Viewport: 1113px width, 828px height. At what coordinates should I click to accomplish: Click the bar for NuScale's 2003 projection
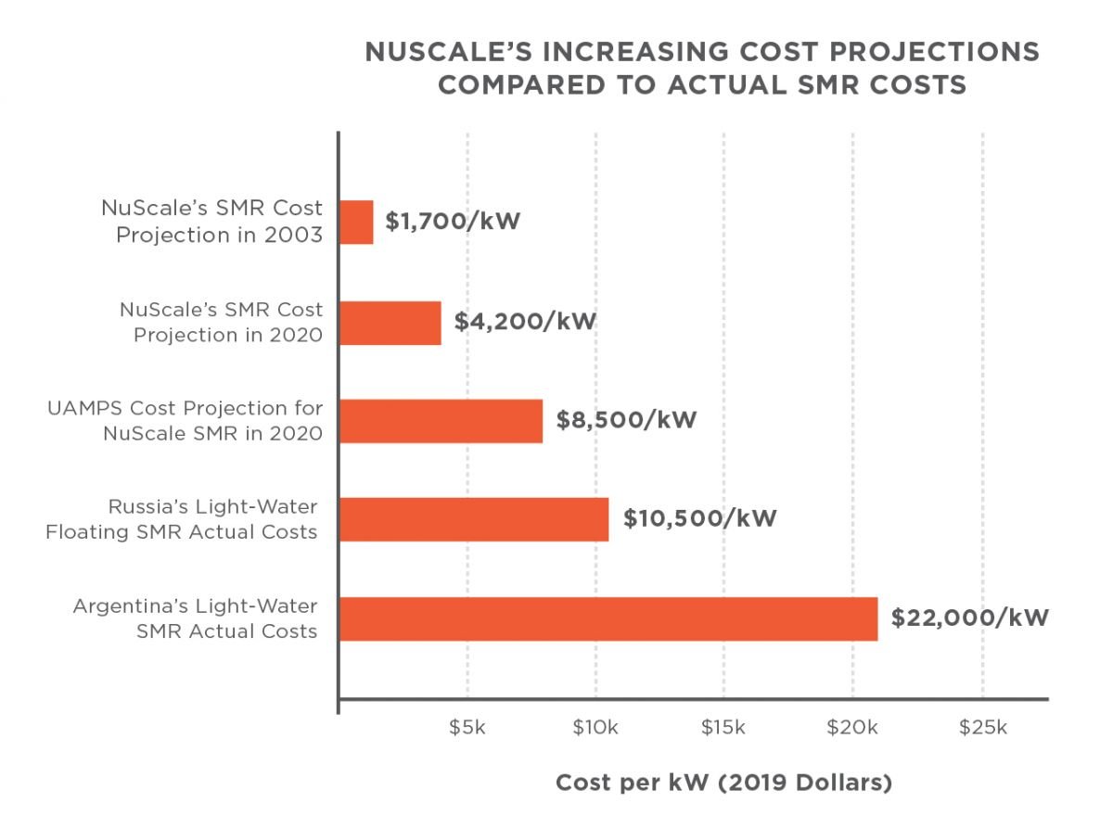(x=356, y=223)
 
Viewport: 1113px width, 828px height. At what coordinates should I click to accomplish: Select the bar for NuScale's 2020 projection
(x=390, y=322)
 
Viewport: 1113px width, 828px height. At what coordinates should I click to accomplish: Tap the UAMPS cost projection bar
(x=441, y=421)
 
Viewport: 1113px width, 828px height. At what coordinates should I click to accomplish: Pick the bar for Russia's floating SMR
(x=474, y=519)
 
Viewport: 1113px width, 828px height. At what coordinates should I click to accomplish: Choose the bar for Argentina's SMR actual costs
(x=608, y=618)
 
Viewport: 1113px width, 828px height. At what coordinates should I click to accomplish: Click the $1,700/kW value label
(x=453, y=223)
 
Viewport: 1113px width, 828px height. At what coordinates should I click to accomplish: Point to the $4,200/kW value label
(x=524, y=322)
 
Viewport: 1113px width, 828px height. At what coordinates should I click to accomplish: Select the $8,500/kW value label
(x=626, y=420)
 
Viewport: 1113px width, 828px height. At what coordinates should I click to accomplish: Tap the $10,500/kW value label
(x=699, y=518)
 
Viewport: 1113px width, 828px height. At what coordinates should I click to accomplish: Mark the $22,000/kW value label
(x=969, y=618)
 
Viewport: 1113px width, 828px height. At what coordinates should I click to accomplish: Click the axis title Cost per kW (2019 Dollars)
(x=723, y=783)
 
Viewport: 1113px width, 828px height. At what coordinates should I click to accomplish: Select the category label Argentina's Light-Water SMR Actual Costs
(x=196, y=618)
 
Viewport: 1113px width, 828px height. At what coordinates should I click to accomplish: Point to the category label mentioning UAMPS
(x=185, y=421)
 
